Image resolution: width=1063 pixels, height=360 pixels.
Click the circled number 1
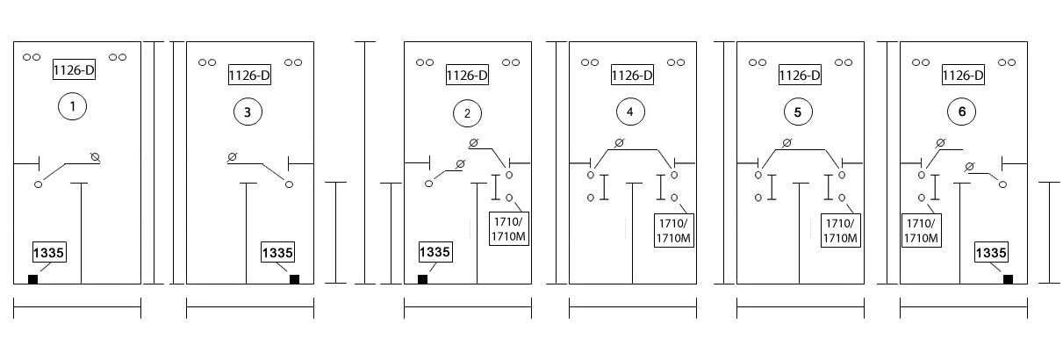pos(72,106)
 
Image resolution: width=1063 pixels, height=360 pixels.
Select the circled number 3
pos(248,112)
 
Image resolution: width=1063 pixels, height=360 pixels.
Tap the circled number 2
pos(468,113)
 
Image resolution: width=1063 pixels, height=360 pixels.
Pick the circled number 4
pos(630,112)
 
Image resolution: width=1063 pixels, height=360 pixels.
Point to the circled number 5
pos(798,112)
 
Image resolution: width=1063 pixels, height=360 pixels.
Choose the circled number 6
pos(961,112)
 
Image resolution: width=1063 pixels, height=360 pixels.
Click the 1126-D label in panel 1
pos(74,70)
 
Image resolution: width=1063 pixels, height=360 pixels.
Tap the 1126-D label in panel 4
pos(632,75)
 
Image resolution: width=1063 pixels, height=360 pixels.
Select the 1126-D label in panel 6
pos(963,75)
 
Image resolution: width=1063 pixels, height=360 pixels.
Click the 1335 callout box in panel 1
pos(49,252)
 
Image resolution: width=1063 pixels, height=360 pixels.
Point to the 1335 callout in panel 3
pos(277,252)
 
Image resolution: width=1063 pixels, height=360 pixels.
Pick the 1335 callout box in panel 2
pos(435,252)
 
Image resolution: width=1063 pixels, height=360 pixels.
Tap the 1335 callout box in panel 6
pos(991,252)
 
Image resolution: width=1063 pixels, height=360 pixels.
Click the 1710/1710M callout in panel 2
pos(509,229)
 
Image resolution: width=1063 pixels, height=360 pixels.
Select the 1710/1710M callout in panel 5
pos(840,231)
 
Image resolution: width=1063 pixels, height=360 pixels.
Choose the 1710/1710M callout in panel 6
pos(921,231)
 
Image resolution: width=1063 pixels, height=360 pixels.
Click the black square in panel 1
pos(32,279)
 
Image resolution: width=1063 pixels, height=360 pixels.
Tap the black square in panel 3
pos(294,279)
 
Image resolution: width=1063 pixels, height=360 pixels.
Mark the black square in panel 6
pos(1008,279)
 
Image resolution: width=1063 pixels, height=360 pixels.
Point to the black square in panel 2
pos(422,279)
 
